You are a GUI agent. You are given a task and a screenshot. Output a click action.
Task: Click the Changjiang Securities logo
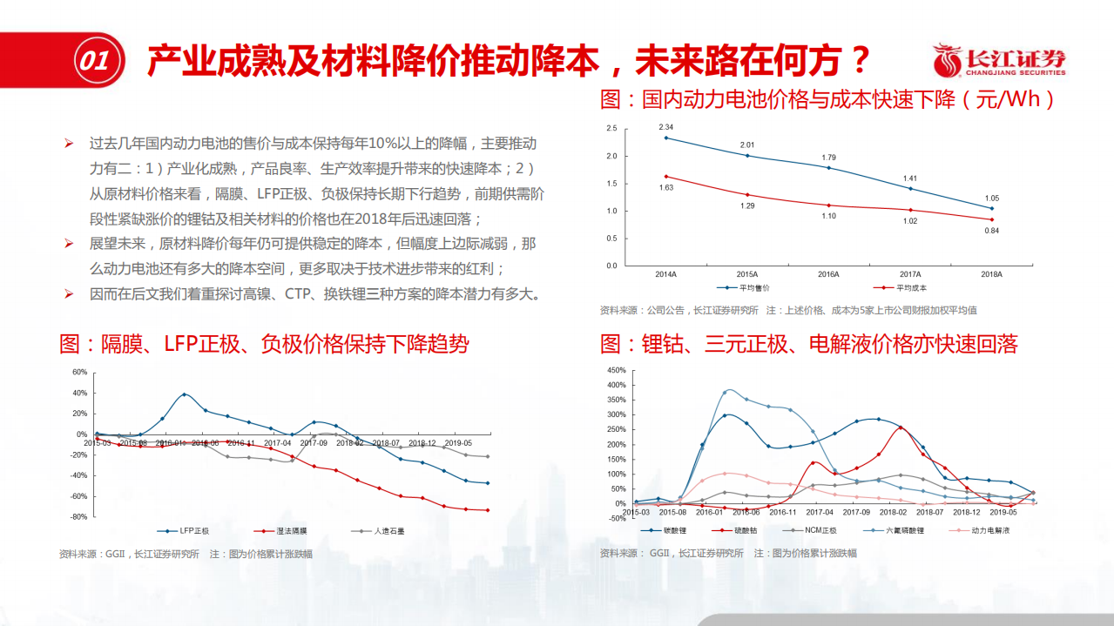[999, 61]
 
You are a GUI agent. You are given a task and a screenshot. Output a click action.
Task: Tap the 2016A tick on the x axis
[828, 274]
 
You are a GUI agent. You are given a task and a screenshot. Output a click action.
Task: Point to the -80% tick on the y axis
[78, 517]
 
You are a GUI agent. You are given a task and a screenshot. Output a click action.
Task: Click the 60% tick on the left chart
[79, 372]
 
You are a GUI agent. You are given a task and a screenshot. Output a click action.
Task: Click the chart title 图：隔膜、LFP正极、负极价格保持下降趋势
[264, 344]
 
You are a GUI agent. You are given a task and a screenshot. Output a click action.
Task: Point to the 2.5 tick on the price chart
[611, 129]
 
